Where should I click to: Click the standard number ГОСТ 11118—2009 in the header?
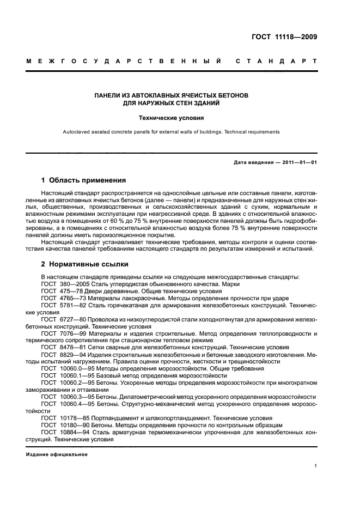pos(283,38)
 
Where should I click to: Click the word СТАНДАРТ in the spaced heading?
pos(276,62)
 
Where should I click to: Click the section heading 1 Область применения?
pos(83,180)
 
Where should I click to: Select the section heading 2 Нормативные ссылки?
pos(85,264)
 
